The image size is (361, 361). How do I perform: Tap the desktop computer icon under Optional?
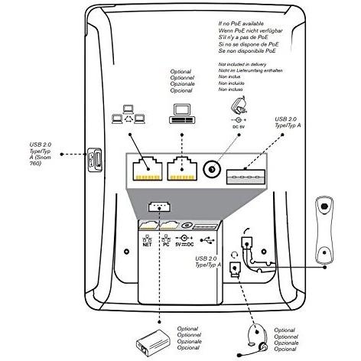(x=182, y=115)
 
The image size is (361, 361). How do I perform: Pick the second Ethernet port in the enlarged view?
(x=182, y=169)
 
